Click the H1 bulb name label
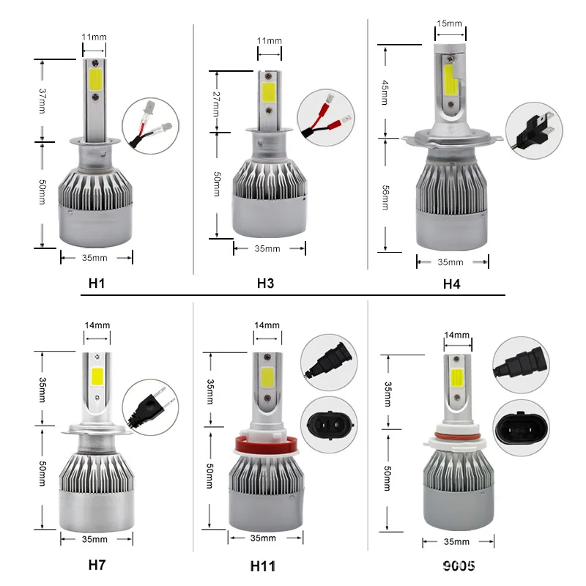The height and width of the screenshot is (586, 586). pyautogui.click(x=97, y=283)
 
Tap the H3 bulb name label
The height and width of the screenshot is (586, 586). pyautogui.click(x=266, y=283)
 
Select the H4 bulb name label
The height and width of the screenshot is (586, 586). pyautogui.click(x=451, y=284)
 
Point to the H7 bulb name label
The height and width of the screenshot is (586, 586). pyautogui.click(x=97, y=565)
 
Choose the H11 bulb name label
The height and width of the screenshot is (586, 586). pyautogui.click(x=263, y=566)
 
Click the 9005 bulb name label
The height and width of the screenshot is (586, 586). pyautogui.click(x=459, y=565)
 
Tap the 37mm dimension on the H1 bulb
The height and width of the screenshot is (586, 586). pyautogui.click(x=42, y=101)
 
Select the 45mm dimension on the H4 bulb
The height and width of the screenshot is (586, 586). pyautogui.click(x=385, y=92)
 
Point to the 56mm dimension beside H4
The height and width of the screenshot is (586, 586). pyautogui.click(x=385, y=197)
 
